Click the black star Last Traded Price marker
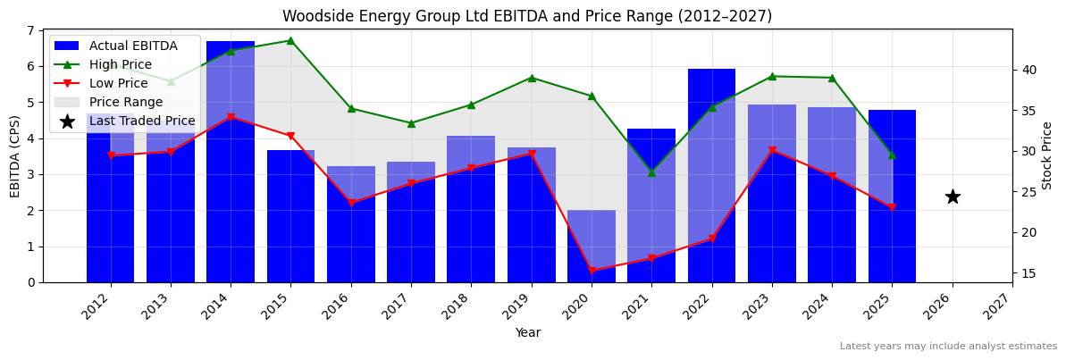pos(953,197)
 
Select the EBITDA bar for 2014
pos(231,161)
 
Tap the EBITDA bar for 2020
pos(592,246)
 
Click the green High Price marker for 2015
pos(290,40)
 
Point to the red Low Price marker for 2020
pos(592,271)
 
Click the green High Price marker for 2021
pos(651,172)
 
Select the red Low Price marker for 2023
pos(772,150)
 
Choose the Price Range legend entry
pos(125,102)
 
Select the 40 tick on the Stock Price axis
pos(1028,70)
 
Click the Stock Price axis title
pos(1047,155)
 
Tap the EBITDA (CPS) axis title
pos(15,155)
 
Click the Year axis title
pos(527,332)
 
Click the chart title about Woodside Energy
pos(527,16)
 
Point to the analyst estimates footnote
pos(948,347)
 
